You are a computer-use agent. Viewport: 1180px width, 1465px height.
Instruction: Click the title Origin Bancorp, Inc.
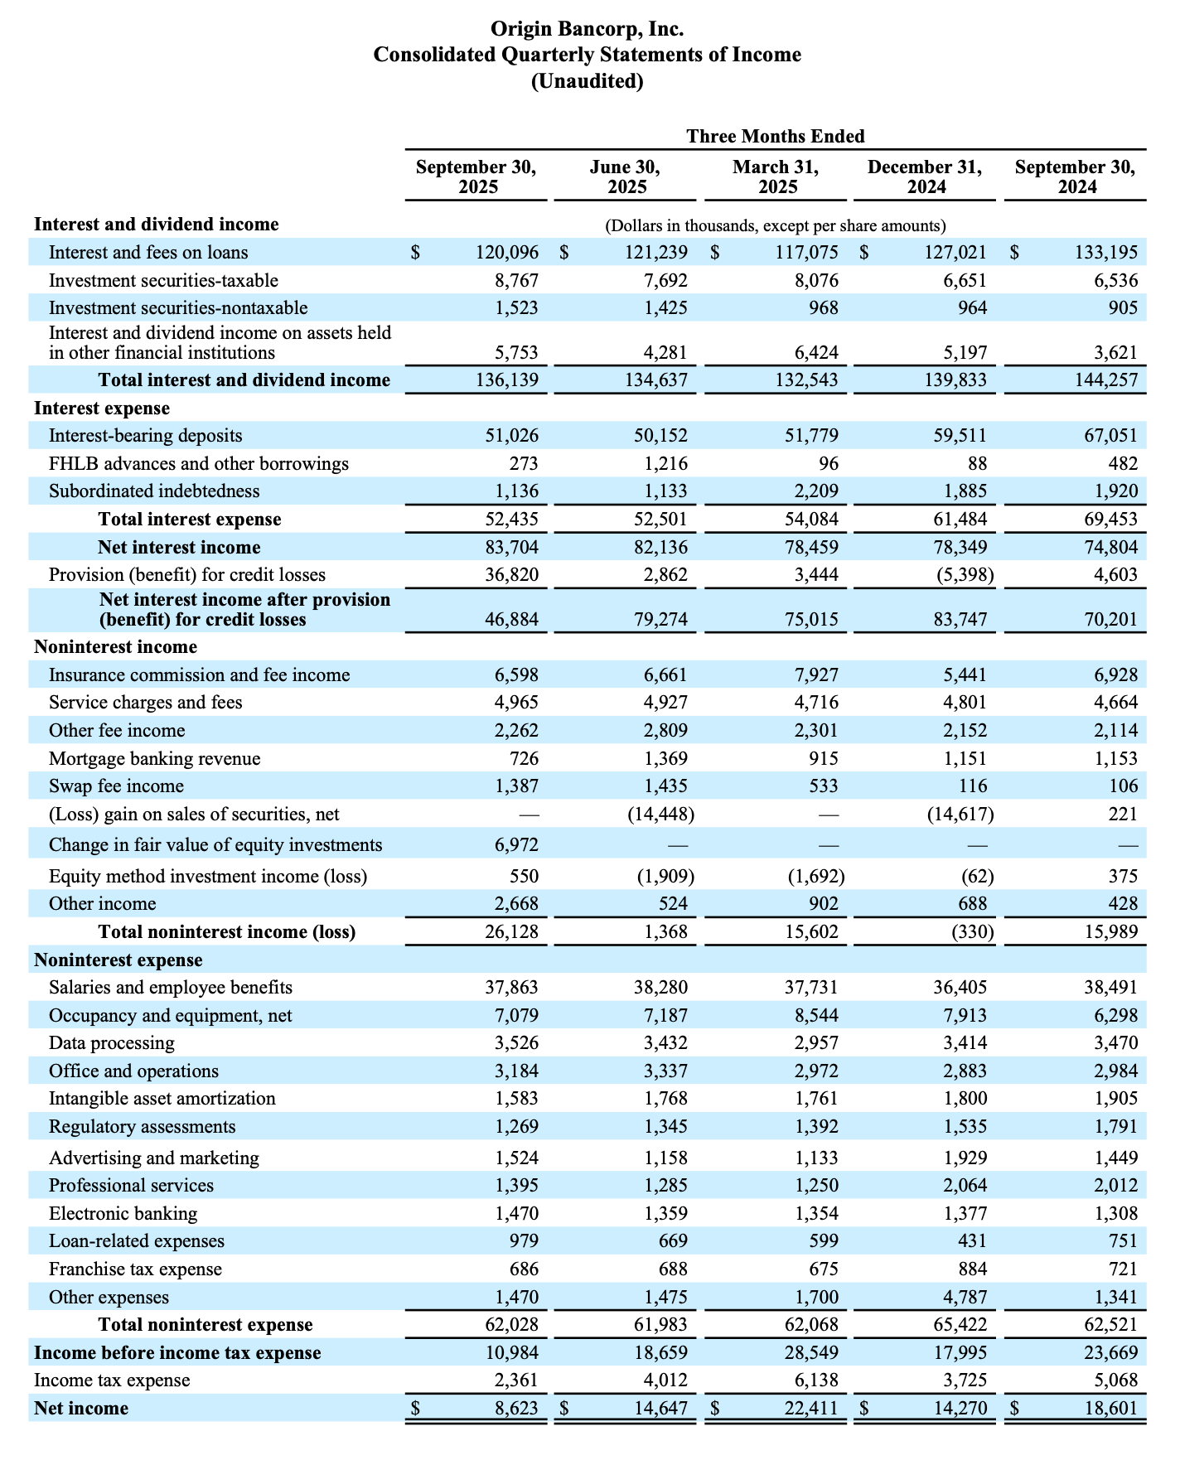point(587,29)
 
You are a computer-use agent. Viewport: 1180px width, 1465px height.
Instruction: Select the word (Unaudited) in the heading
point(587,81)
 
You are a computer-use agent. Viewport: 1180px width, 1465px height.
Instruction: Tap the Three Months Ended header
point(775,136)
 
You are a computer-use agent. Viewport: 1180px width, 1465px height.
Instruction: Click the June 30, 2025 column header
point(626,177)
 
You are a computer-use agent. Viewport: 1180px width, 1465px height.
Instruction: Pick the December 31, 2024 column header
point(925,177)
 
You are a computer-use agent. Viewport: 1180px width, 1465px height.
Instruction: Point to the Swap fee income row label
point(116,786)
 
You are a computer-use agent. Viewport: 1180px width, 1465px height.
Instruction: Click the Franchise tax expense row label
point(135,1269)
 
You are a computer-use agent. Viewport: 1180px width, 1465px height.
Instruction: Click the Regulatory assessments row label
point(142,1126)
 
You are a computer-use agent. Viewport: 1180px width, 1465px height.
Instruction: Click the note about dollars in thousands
point(776,225)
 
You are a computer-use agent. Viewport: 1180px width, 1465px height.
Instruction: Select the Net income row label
point(81,1408)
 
